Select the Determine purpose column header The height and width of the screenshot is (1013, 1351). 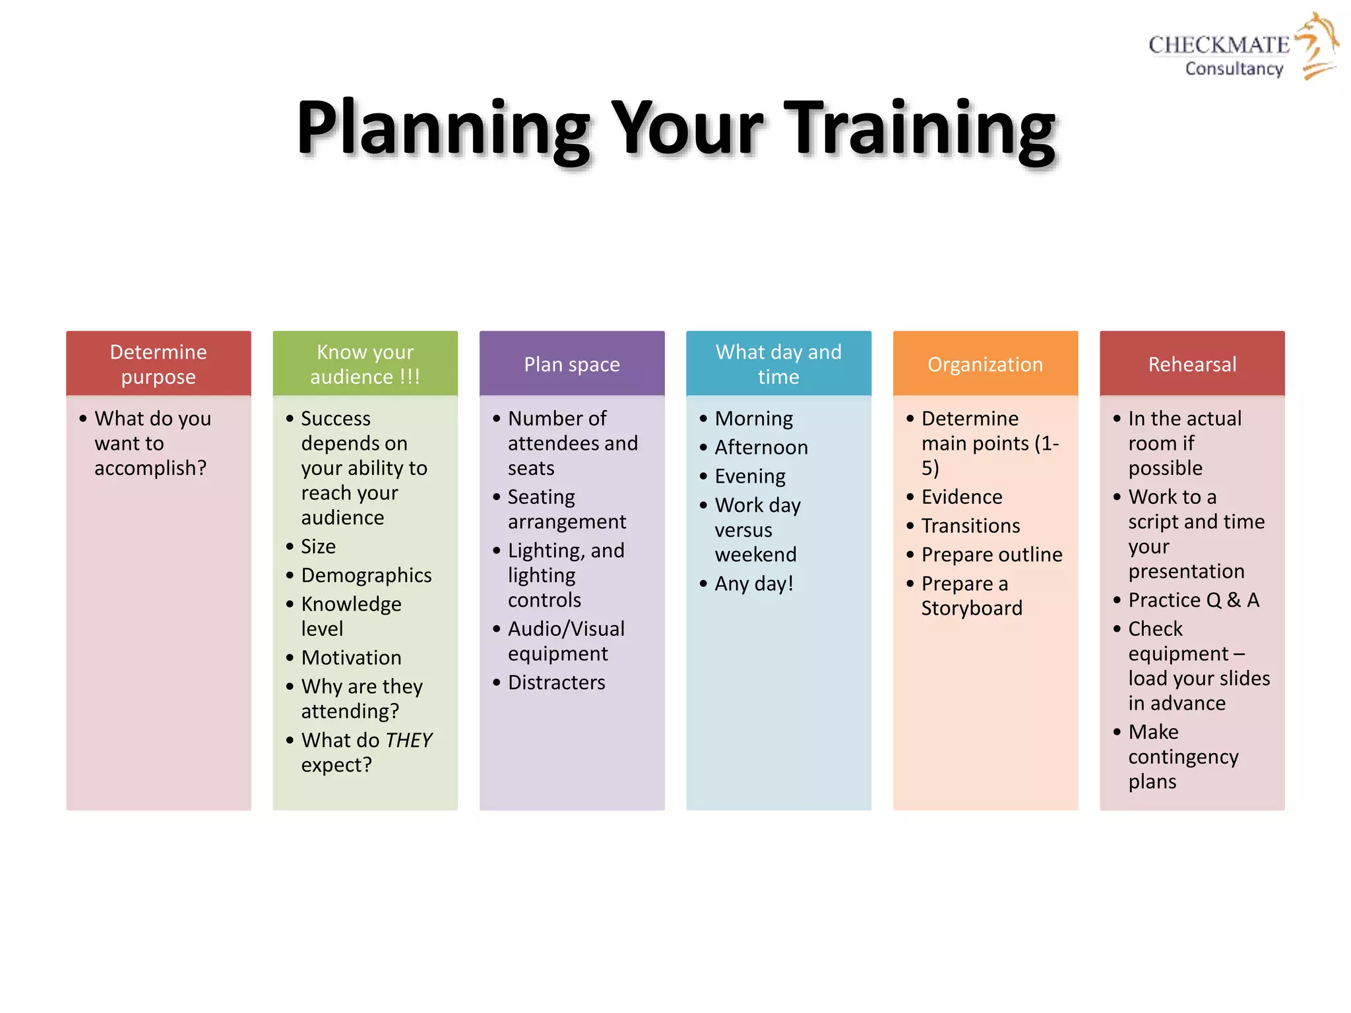tap(158, 364)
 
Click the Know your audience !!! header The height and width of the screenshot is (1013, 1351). tap(365, 364)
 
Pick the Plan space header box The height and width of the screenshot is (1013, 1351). tap(572, 364)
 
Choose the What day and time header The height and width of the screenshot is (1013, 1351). tap(778, 364)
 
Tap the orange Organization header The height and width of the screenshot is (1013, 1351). tap(985, 364)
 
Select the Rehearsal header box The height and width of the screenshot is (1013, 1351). tap(1192, 364)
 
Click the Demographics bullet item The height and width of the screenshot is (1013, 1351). tap(366, 575)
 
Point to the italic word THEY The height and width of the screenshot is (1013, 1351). tap(409, 740)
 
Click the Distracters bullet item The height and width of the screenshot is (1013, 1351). tap(556, 683)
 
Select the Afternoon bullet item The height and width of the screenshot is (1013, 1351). tap(761, 447)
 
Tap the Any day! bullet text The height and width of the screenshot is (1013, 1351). tap(754, 584)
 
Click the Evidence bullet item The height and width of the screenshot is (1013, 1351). tap(962, 497)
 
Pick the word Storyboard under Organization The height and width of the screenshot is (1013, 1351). tap(972, 608)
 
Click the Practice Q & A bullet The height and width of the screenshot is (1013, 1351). tap(1193, 600)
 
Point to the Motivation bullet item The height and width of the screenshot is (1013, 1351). tap(351, 658)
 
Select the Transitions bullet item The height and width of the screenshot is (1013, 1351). tap(970, 526)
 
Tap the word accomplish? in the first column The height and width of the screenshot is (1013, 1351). tap(150, 468)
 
